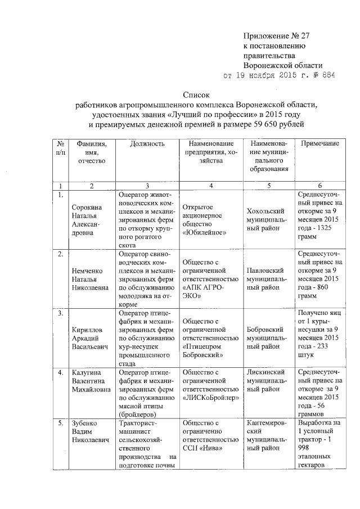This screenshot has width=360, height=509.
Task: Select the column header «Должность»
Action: pos(147,144)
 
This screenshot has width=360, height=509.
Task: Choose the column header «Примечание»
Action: pos(319,144)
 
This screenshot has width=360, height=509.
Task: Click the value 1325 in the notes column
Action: pos(328,232)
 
